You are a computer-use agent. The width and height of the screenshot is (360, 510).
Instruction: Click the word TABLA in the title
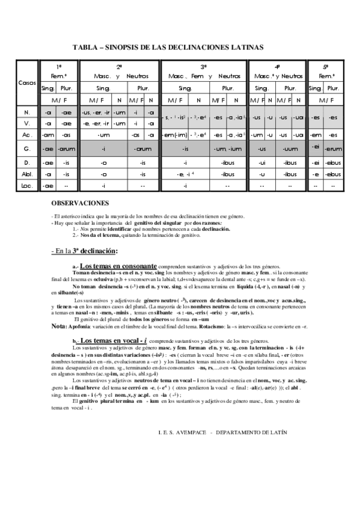(x=84, y=46)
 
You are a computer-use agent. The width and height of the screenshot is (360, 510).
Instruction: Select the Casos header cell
(x=27, y=82)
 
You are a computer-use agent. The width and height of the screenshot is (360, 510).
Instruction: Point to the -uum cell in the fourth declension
(x=290, y=149)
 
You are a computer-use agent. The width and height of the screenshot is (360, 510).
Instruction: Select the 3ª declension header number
(x=204, y=67)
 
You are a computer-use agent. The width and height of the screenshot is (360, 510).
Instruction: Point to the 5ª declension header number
(x=326, y=66)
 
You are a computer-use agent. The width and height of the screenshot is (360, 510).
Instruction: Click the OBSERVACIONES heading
(x=80, y=204)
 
